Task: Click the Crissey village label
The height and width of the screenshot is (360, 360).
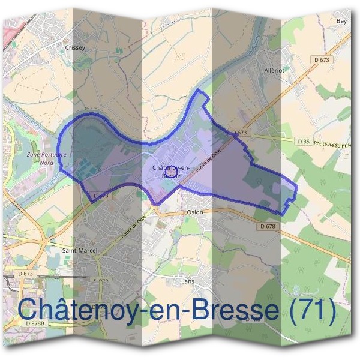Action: click(76, 47)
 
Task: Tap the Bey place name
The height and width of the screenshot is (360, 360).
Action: click(342, 20)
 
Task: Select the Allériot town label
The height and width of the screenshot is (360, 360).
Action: click(275, 70)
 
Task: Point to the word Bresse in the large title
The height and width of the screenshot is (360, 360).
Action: click(230, 309)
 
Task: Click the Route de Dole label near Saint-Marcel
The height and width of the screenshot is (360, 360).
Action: click(133, 228)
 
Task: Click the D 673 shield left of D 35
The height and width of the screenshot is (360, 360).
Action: click(240, 132)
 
